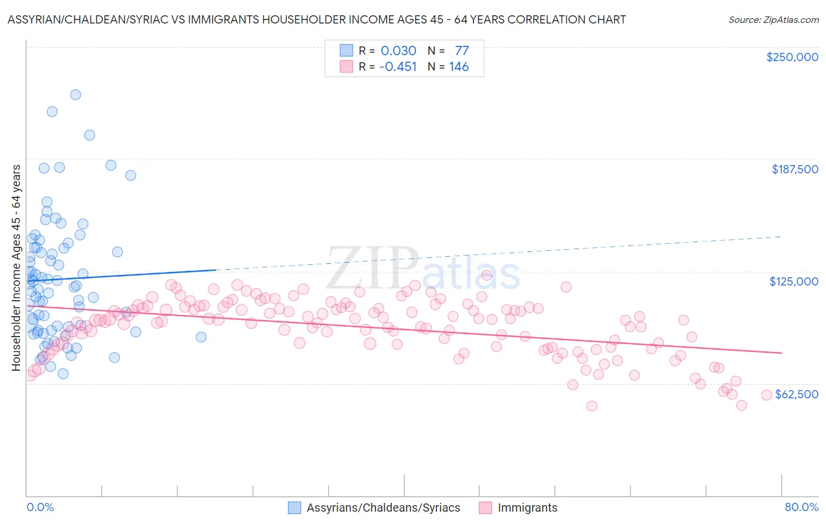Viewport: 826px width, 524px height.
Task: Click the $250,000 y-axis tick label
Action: tap(792, 57)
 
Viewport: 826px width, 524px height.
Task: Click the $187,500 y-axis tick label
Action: tap(794, 169)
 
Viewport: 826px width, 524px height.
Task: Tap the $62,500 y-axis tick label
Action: tap(796, 394)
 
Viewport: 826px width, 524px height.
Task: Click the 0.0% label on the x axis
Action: tap(40, 507)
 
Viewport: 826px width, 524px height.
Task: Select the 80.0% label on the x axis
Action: tap(801, 507)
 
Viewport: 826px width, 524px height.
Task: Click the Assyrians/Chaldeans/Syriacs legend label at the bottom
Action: tap(383, 508)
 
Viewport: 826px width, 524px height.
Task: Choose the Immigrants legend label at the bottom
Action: tap(527, 508)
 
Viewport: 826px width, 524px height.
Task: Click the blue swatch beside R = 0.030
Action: tap(347, 51)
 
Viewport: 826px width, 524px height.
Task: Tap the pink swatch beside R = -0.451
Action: tap(347, 67)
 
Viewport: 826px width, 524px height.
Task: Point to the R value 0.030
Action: tap(398, 51)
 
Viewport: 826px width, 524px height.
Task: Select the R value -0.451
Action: tap(398, 67)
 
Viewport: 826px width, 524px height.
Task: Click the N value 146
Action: tap(459, 67)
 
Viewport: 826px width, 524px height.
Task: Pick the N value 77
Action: tap(462, 51)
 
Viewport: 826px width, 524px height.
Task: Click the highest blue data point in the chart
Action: tap(76, 95)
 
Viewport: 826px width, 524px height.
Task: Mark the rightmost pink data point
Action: tap(766, 395)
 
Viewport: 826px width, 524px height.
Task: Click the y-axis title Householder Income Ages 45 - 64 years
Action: tap(16, 268)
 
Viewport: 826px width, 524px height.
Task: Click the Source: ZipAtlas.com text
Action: tap(773, 19)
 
